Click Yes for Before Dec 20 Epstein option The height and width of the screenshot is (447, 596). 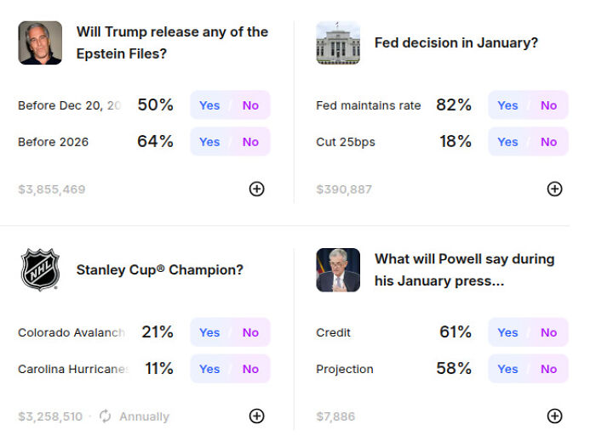[209, 105]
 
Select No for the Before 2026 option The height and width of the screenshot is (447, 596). [250, 142]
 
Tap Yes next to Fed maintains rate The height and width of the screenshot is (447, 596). [507, 105]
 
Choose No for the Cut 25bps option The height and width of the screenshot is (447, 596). [548, 142]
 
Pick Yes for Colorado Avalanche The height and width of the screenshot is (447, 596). [209, 332]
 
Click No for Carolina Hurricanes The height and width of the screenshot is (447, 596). [250, 369]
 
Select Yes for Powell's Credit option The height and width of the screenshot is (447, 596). [507, 332]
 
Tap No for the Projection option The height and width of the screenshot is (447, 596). [548, 369]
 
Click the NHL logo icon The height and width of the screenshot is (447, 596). [40, 270]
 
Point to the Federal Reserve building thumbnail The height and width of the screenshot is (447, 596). [338, 43]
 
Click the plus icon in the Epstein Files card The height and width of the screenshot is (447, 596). [256, 189]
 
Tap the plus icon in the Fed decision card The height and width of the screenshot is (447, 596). [554, 189]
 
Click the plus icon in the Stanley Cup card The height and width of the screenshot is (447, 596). [256, 416]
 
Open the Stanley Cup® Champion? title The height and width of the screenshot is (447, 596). [160, 269]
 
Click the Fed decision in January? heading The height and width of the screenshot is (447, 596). [456, 42]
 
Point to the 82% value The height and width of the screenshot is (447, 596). [454, 105]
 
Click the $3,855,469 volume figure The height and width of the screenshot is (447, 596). [52, 190]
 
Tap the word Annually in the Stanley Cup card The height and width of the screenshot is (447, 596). [144, 416]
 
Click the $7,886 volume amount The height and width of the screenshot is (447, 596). [335, 416]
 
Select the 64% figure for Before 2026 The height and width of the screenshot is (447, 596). [155, 142]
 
